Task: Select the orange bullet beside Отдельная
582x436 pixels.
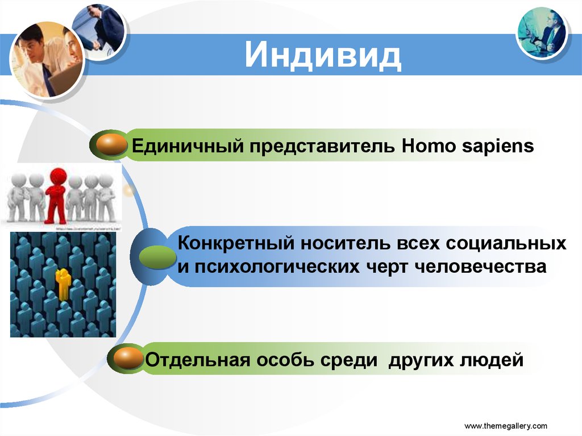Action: pos(128,359)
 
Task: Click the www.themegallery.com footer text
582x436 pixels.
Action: pos(506,425)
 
